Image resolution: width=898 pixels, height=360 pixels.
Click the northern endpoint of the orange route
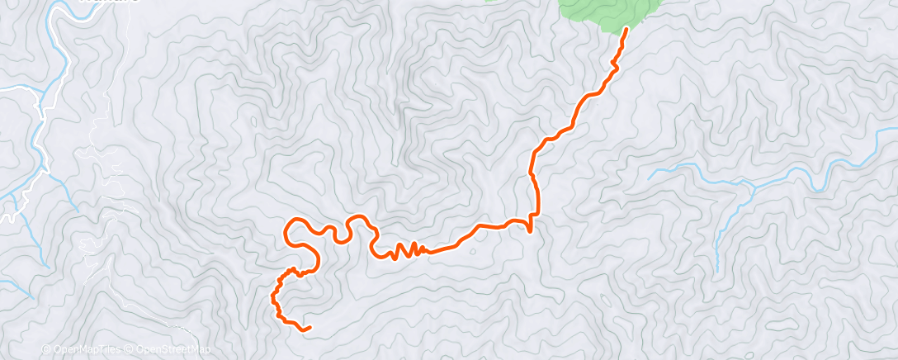[x=626, y=29]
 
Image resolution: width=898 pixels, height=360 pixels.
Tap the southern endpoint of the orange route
[x=310, y=328]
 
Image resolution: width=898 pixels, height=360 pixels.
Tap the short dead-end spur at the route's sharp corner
[x=529, y=229]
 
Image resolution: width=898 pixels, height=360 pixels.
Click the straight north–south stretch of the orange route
[x=536, y=194]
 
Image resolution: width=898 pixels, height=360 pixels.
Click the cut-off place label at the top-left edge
[x=107, y=2]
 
